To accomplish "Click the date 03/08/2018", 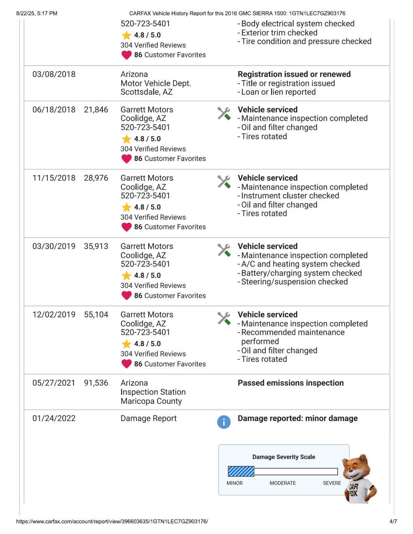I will tap(54, 74).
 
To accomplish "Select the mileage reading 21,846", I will tap(96, 110).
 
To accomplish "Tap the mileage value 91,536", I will tap(96, 383).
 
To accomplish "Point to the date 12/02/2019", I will tap(54, 315).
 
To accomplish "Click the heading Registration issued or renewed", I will tap(294, 74).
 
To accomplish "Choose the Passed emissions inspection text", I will tap(290, 383).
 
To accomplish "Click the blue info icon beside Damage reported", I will tap(224, 422).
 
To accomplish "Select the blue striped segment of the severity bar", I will tap(241, 471).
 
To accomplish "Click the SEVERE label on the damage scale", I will tap(332, 483).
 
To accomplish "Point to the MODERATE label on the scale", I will tap(283, 483).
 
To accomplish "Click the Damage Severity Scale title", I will tap(283, 457).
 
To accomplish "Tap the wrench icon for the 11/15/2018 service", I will tap(224, 182).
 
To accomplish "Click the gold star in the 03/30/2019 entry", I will tap(126, 275).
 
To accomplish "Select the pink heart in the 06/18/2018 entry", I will tap(126, 159).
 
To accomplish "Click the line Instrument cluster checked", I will tap(290, 196).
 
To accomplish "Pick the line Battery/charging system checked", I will tap(301, 273).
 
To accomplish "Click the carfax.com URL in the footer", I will tap(112, 521).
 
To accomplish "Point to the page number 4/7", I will tap(393, 521).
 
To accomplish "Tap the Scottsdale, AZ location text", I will tap(147, 92).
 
